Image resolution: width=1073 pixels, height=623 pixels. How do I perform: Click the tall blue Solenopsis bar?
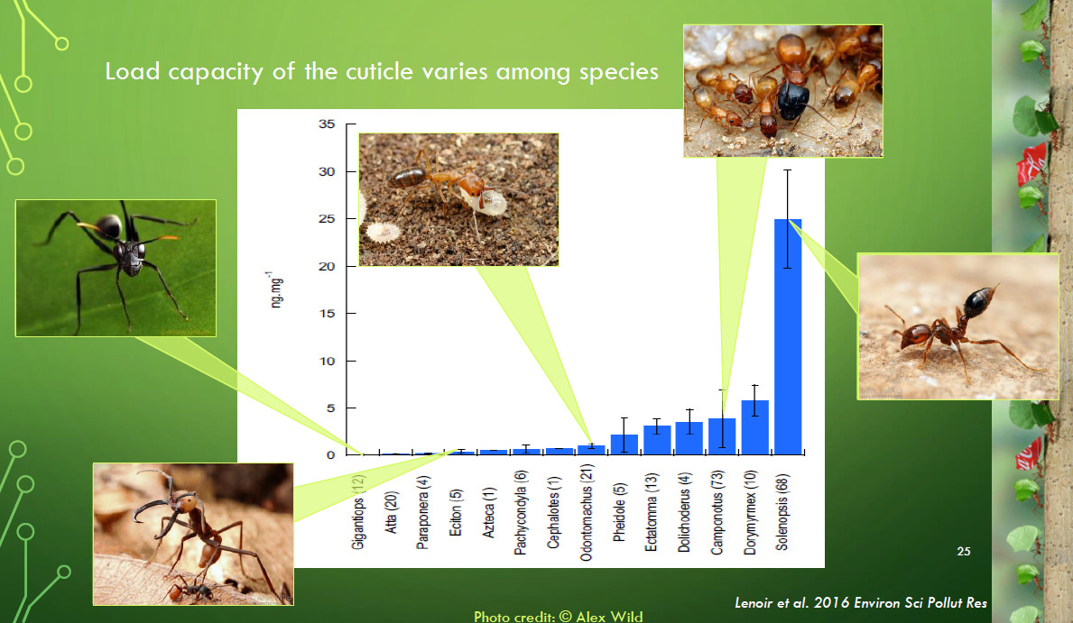[x=788, y=336]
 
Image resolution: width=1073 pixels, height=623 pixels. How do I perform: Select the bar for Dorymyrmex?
[x=754, y=427]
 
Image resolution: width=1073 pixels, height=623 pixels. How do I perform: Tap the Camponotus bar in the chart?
[x=722, y=436]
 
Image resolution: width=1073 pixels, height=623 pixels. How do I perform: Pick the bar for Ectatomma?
[x=657, y=440]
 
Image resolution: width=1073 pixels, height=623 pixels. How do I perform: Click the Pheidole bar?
[x=624, y=444]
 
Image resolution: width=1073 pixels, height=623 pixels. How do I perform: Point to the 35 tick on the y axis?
[x=327, y=124]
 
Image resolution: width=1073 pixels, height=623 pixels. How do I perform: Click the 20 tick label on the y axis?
[x=327, y=266]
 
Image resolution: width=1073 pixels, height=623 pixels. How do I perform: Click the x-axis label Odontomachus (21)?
[x=587, y=513]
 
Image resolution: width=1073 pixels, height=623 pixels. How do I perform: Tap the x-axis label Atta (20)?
[x=391, y=513]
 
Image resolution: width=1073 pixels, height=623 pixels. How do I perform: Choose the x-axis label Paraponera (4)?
[x=423, y=513]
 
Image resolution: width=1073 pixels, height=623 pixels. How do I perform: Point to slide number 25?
[x=964, y=551]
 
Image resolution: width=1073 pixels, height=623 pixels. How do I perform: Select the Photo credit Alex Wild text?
[x=559, y=616]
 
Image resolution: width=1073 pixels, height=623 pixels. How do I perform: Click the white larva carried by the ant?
[x=491, y=203]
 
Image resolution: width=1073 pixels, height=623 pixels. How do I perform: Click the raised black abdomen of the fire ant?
[x=978, y=301]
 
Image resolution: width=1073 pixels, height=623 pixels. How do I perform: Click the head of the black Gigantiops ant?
[x=131, y=253]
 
